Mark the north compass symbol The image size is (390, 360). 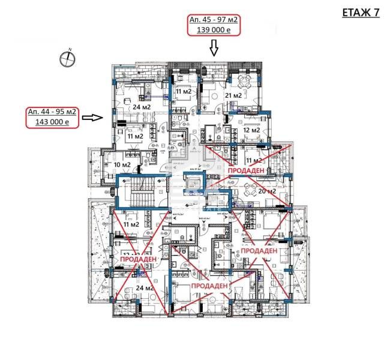tap(68, 58)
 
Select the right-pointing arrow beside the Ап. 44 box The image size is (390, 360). tap(92, 118)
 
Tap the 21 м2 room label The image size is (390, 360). tap(233, 95)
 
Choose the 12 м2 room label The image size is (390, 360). tap(251, 130)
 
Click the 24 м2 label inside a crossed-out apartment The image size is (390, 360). tap(143, 289)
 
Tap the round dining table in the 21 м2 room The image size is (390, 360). tap(244, 81)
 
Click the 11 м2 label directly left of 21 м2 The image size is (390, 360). tap(182, 91)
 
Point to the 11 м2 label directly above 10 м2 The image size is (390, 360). tap(134, 136)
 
